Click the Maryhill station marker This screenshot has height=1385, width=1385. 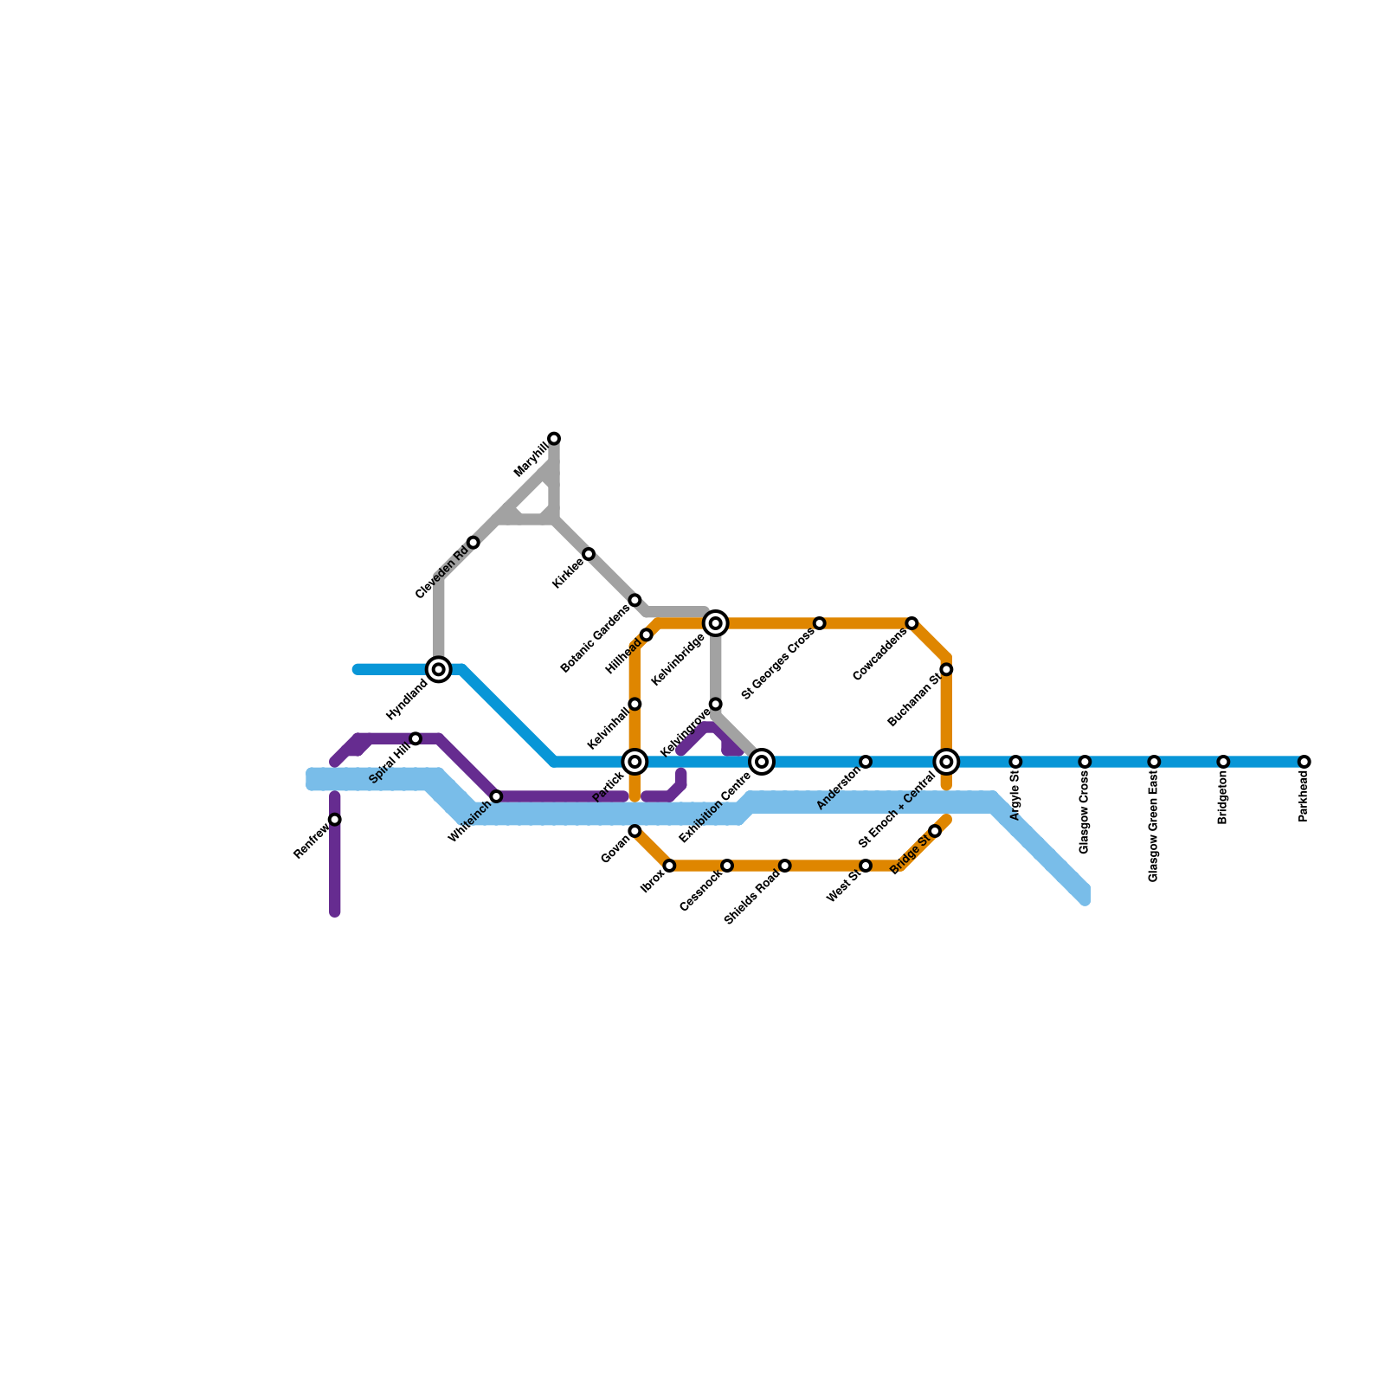click(554, 439)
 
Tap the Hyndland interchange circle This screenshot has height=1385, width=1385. click(439, 669)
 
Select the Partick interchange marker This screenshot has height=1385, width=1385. click(635, 762)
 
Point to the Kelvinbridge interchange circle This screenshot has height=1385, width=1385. click(716, 623)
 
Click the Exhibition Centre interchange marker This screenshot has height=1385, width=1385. click(762, 762)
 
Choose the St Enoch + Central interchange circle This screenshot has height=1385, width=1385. click(946, 762)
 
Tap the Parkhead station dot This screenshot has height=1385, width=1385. click(1304, 762)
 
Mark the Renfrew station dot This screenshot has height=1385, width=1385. click(335, 820)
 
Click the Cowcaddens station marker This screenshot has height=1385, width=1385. click(912, 623)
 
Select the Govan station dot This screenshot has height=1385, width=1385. click(635, 831)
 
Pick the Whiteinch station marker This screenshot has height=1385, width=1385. click(496, 796)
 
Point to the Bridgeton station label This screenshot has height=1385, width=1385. click(1223, 798)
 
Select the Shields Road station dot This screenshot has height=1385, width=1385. click(784, 866)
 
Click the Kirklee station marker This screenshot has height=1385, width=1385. click(589, 554)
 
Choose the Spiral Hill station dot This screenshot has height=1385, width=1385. click(415, 738)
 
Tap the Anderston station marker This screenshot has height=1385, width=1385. click(866, 762)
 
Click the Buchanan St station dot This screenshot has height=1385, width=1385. click(946, 669)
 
